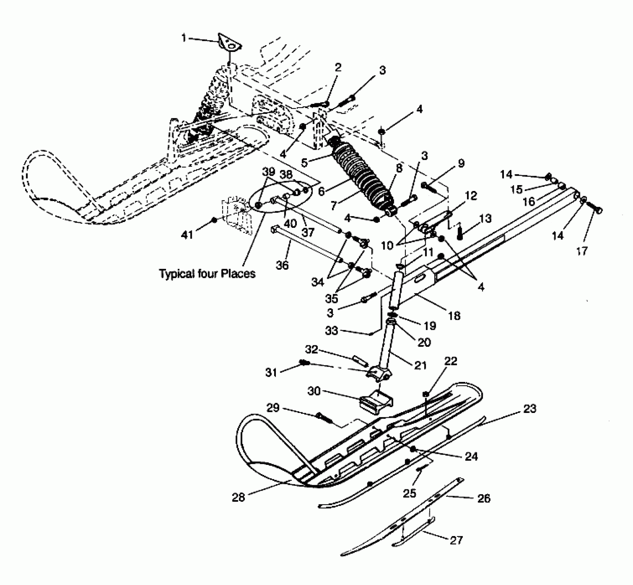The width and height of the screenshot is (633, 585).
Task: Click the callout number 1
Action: click(184, 38)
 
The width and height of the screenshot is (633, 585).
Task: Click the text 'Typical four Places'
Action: click(207, 274)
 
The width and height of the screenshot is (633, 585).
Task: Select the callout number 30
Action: click(314, 391)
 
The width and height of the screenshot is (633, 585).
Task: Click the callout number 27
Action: click(456, 540)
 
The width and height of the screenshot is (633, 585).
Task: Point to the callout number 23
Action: click(530, 409)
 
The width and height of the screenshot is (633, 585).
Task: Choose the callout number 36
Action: click(282, 265)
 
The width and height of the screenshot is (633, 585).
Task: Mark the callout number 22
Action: click(450, 361)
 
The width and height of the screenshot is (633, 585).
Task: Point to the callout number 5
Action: click(304, 162)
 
